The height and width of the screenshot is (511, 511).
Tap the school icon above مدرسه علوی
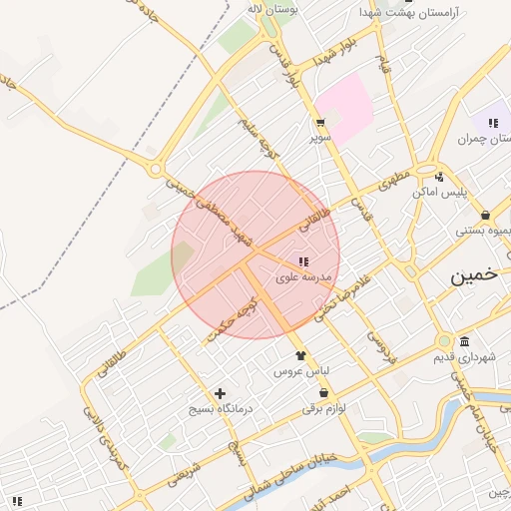pyautogui.click(x=303, y=261)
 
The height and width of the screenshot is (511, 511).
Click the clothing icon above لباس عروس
pyautogui.click(x=299, y=354)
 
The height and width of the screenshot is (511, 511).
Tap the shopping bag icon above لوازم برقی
pyautogui.click(x=323, y=393)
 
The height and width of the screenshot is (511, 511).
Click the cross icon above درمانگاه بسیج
pyautogui.click(x=220, y=393)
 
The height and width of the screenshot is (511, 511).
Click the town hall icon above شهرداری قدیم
pyautogui.click(x=464, y=341)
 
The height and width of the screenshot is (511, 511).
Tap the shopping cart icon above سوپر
pyautogui.click(x=319, y=123)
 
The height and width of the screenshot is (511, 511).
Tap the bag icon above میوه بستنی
pyautogui.click(x=485, y=215)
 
